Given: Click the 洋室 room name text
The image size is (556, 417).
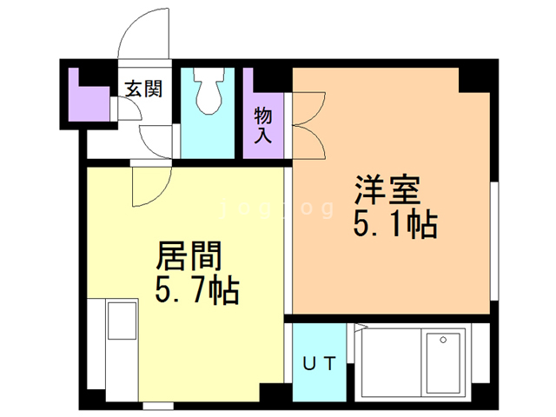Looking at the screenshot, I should tap(387, 190).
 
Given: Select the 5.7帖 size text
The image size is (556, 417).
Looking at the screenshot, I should tap(197, 290).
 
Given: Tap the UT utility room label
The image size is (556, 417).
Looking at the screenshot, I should tap(318, 365).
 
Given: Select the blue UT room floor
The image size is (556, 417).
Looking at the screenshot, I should tap(318, 343).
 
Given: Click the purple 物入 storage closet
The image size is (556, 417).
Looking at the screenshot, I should tap(262, 109).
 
